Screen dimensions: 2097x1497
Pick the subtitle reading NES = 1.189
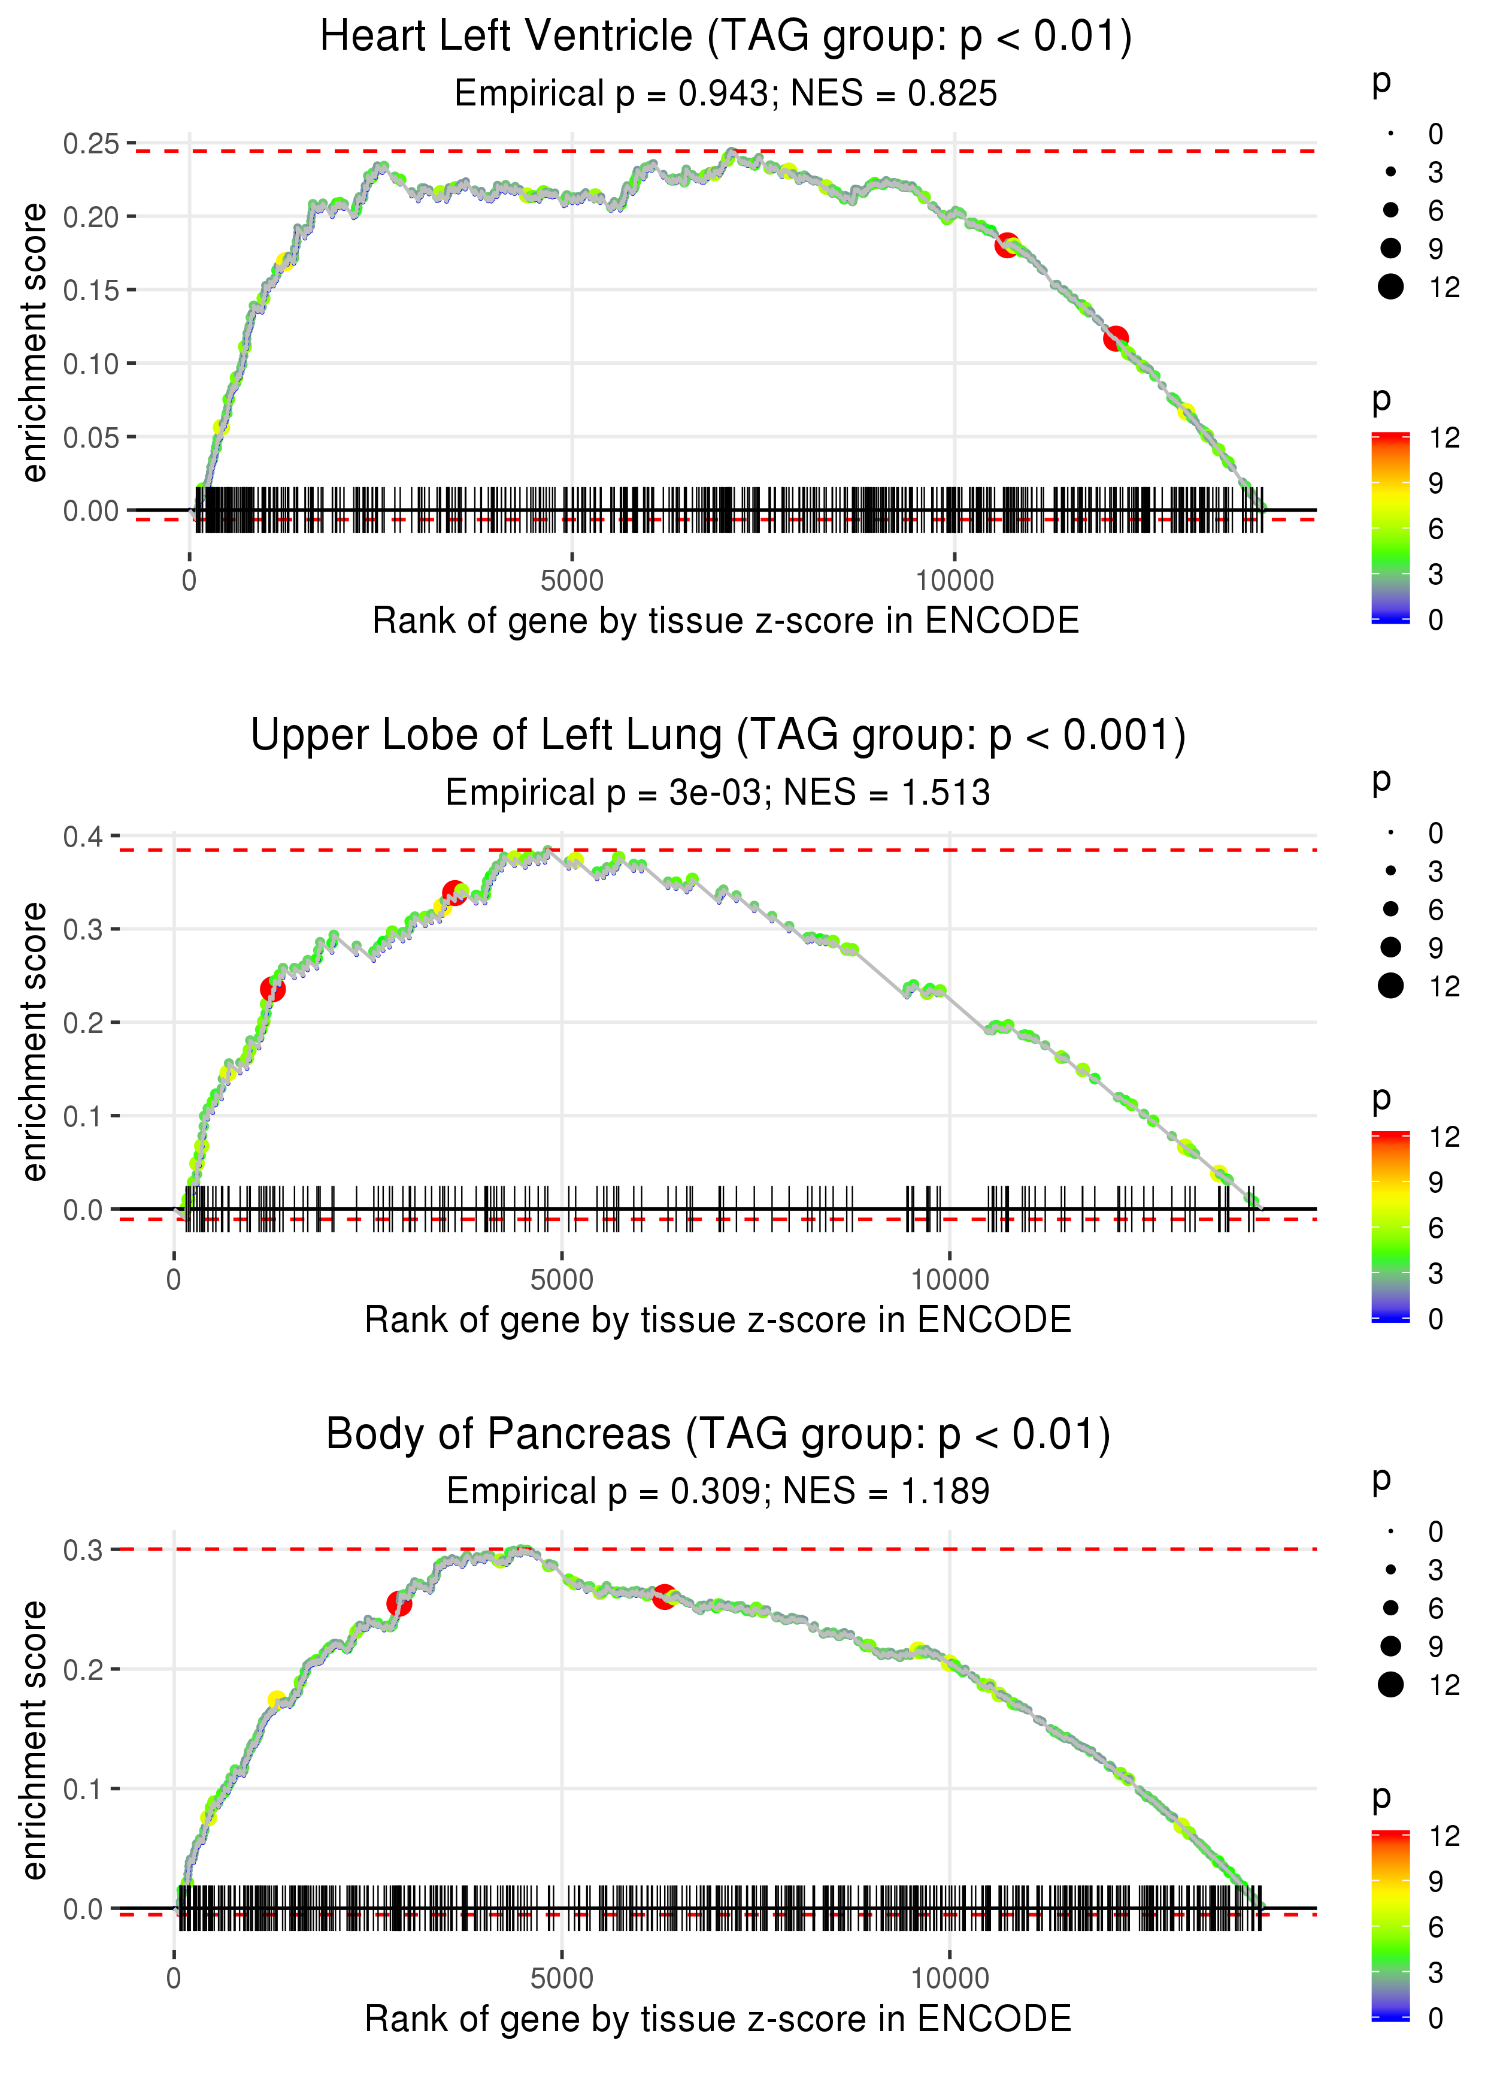click(x=718, y=1491)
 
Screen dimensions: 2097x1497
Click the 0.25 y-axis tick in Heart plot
click(x=91, y=144)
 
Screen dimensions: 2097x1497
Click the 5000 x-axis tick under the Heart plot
click(x=571, y=581)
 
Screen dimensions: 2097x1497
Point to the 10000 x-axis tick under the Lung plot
click(x=950, y=1280)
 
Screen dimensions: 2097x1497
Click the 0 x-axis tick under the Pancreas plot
click(x=174, y=1979)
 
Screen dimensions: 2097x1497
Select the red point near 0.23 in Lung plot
click(x=273, y=989)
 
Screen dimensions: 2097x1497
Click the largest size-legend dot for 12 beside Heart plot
click(x=1390, y=287)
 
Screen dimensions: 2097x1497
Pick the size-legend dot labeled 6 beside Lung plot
click(x=1390, y=909)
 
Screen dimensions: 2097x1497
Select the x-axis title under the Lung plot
click(x=718, y=1321)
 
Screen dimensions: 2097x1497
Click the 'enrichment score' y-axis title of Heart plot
click(x=34, y=343)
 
